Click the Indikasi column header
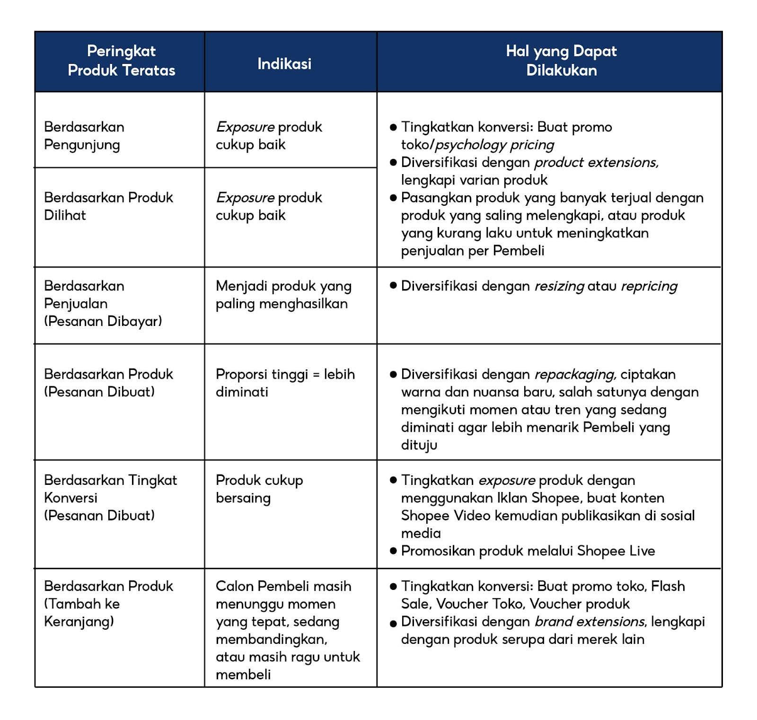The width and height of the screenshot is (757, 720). click(x=284, y=64)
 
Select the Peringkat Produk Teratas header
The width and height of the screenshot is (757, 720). click(x=121, y=61)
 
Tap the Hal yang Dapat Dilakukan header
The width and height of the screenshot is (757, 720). click(x=561, y=61)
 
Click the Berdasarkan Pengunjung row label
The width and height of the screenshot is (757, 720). click(x=84, y=136)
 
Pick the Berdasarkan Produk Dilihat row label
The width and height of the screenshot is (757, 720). click(x=108, y=206)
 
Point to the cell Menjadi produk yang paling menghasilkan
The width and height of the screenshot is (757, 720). click(x=283, y=295)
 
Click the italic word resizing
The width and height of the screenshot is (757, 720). click(x=559, y=286)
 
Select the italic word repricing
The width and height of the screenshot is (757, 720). click(x=649, y=286)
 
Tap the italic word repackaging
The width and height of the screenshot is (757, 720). click(x=575, y=375)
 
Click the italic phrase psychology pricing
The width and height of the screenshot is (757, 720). click(x=494, y=145)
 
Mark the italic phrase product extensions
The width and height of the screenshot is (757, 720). click(x=596, y=163)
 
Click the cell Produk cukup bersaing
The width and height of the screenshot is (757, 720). click(x=259, y=489)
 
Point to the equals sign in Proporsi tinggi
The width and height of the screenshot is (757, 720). click(x=316, y=375)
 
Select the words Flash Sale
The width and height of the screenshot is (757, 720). click(x=668, y=587)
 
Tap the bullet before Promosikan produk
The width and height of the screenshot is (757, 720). click(x=393, y=551)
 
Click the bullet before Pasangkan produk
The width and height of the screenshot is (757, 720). click(x=393, y=198)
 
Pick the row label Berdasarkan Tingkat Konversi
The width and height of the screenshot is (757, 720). click(x=110, y=489)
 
